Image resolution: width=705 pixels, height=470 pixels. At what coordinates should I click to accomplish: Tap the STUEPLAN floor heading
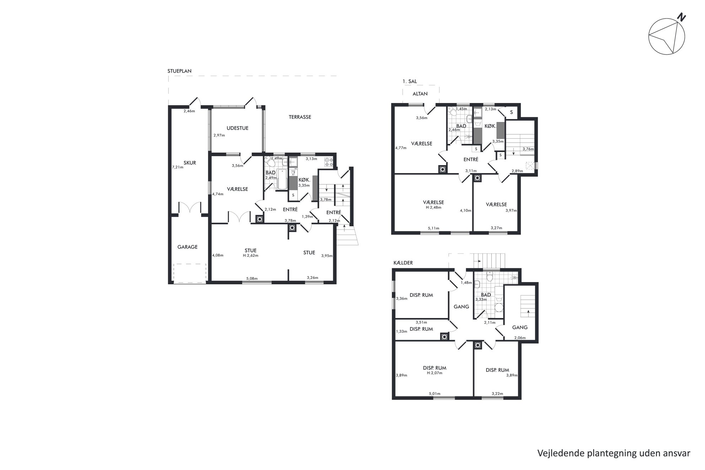point(179,71)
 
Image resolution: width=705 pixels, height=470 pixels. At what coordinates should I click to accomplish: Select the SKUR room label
point(190,163)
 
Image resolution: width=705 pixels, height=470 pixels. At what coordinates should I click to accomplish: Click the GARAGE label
point(187,247)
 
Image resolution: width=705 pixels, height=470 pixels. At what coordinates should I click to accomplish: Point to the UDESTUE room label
point(237,128)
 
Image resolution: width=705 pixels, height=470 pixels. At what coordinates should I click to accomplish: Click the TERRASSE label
point(300,117)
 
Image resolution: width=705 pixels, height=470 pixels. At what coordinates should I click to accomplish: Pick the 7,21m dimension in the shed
point(178,167)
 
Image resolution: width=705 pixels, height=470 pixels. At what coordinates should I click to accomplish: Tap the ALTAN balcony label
point(420,94)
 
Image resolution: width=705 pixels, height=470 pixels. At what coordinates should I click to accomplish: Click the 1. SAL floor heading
point(410,81)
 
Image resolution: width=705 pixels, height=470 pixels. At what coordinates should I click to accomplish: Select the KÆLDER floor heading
point(403,263)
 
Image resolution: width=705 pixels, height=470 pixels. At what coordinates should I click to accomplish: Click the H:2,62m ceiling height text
point(251,255)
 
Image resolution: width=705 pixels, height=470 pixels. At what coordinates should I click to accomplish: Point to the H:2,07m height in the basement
point(434,373)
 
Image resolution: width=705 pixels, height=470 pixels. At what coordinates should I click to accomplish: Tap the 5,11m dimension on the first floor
point(434,228)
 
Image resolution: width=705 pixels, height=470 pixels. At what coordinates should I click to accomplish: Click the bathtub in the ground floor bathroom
point(282,179)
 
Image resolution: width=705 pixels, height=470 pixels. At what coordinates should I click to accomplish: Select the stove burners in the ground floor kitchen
point(329,162)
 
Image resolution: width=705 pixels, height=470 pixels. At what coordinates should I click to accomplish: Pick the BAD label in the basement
point(486,295)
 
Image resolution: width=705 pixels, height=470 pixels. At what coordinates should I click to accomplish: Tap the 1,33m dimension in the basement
point(402,331)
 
